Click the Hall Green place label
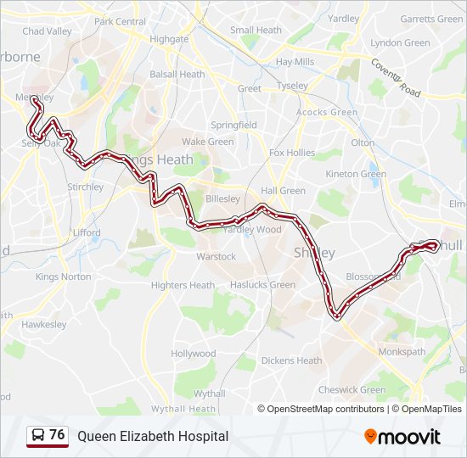284,191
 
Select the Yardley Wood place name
252,230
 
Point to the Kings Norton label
64,276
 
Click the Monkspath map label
402,351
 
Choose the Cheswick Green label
352,390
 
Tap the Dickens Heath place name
291,360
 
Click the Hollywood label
194,354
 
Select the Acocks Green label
327,112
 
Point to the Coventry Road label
395,76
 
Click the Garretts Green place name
430,19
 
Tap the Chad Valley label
48,31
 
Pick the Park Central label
121,21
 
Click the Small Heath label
256,31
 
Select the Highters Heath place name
183,285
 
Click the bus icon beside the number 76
38,435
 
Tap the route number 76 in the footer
57,435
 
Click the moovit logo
402,437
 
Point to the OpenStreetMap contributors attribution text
326,409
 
